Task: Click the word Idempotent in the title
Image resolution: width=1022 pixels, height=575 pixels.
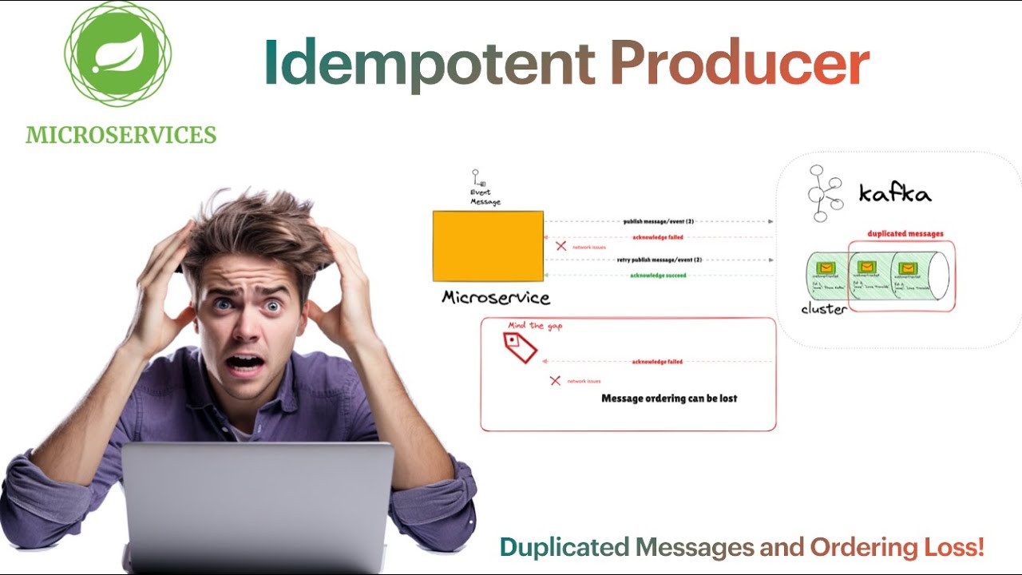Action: (x=430, y=62)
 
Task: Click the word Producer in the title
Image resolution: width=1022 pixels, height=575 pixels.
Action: (x=739, y=62)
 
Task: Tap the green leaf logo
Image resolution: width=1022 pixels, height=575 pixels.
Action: (x=117, y=54)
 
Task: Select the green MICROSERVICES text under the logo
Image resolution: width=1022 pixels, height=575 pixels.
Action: (x=121, y=135)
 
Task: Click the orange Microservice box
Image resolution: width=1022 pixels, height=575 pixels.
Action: (x=488, y=246)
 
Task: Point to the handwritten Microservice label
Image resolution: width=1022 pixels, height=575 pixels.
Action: (x=496, y=298)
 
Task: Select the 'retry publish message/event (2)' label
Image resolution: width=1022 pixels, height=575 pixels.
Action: (x=659, y=260)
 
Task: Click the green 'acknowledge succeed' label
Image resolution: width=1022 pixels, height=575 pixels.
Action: (x=659, y=276)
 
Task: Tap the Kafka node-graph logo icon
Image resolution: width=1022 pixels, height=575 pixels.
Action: (x=822, y=193)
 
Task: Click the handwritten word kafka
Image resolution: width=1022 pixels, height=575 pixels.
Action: (x=895, y=193)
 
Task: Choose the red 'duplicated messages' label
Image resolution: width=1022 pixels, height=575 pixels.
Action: (x=905, y=234)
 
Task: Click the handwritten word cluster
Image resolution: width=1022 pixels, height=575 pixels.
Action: (x=824, y=309)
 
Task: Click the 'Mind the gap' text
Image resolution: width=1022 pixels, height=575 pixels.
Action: (x=535, y=326)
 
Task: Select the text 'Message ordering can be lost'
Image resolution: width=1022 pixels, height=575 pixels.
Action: (x=669, y=398)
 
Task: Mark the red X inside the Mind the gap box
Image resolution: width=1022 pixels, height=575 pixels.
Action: (x=555, y=381)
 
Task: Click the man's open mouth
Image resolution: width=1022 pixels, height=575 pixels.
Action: (x=247, y=363)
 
